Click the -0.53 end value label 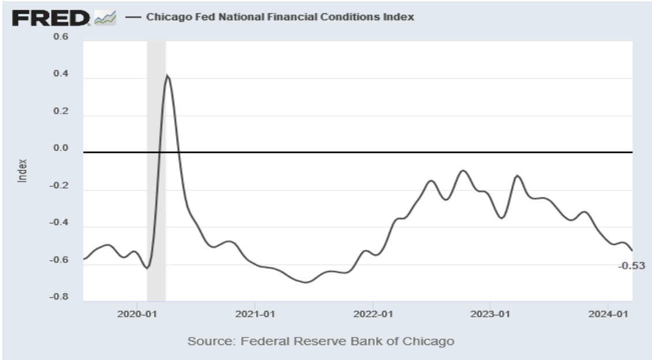[x=631, y=266]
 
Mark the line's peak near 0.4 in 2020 [x=167, y=75]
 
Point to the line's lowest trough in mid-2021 [x=305, y=282]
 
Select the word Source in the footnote [x=204, y=342]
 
